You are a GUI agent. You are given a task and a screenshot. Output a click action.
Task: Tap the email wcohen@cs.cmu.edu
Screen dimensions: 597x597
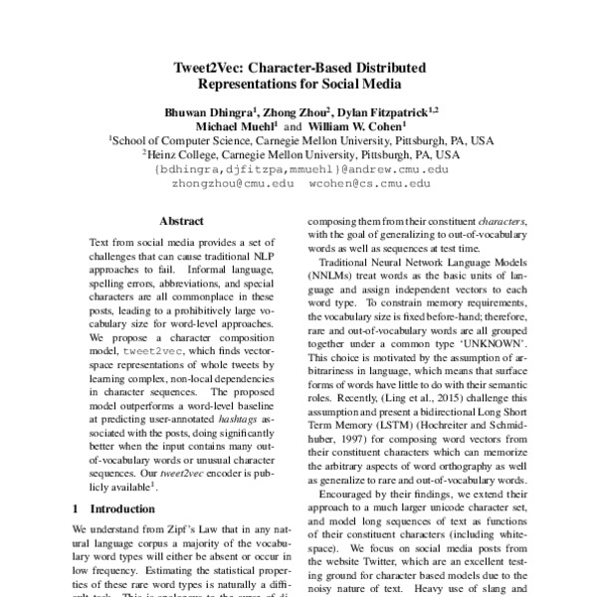coord(368,184)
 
